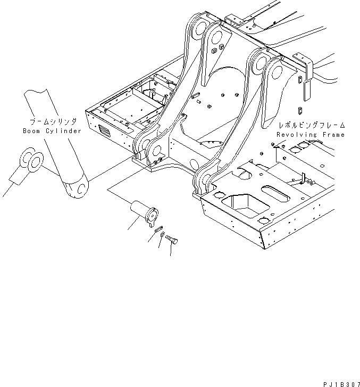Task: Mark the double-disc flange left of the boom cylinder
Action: tap(30, 161)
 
